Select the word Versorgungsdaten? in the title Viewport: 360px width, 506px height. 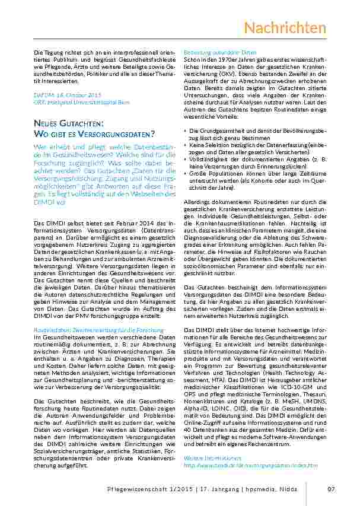click(116, 133)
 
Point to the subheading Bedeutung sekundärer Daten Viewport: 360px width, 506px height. click(215, 53)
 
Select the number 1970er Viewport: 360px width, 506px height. click(224, 59)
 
